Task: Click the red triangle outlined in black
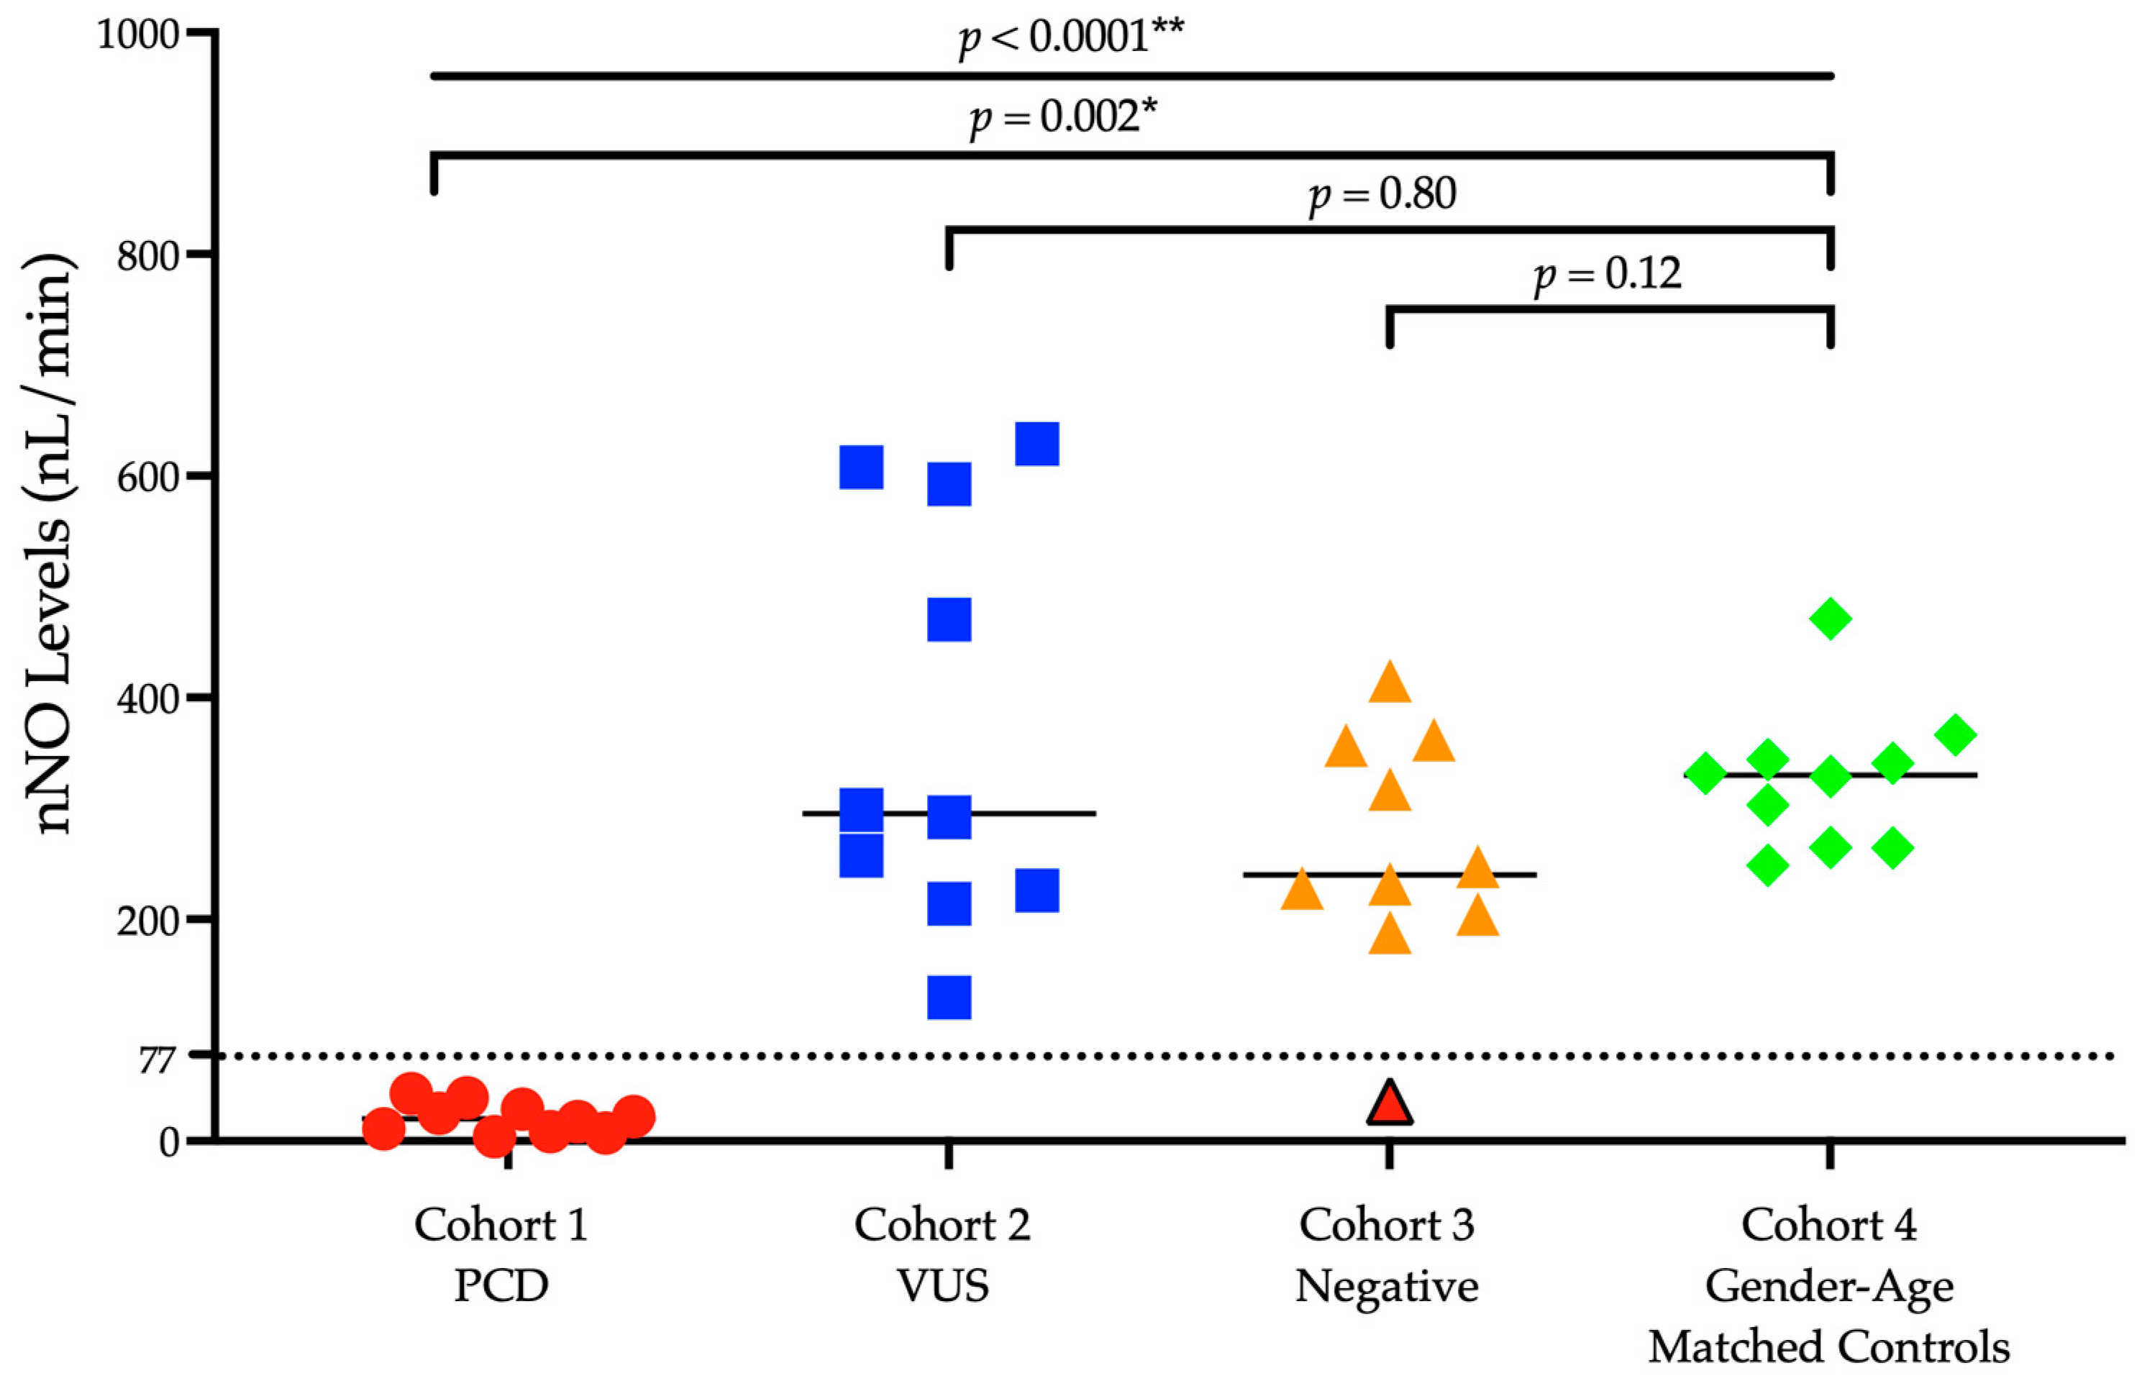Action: [x=1389, y=1105]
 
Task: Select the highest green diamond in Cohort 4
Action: [x=1830, y=618]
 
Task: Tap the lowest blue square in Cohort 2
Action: [x=949, y=997]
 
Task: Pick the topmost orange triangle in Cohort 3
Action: [x=1389, y=683]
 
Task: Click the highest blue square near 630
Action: [x=1036, y=444]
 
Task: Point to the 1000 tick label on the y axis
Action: [x=138, y=35]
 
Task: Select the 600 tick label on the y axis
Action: [x=149, y=477]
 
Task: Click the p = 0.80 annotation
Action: [x=1382, y=195]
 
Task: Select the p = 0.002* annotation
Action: [x=1062, y=117]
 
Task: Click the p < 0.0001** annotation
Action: [x=1070, y=37]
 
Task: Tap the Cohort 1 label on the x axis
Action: [x=501, y=1225]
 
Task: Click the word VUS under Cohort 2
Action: [x=943, y=1287]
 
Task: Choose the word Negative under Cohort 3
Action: [x=1386, y=1287]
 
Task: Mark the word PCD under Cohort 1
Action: [x=501, y=1287]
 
